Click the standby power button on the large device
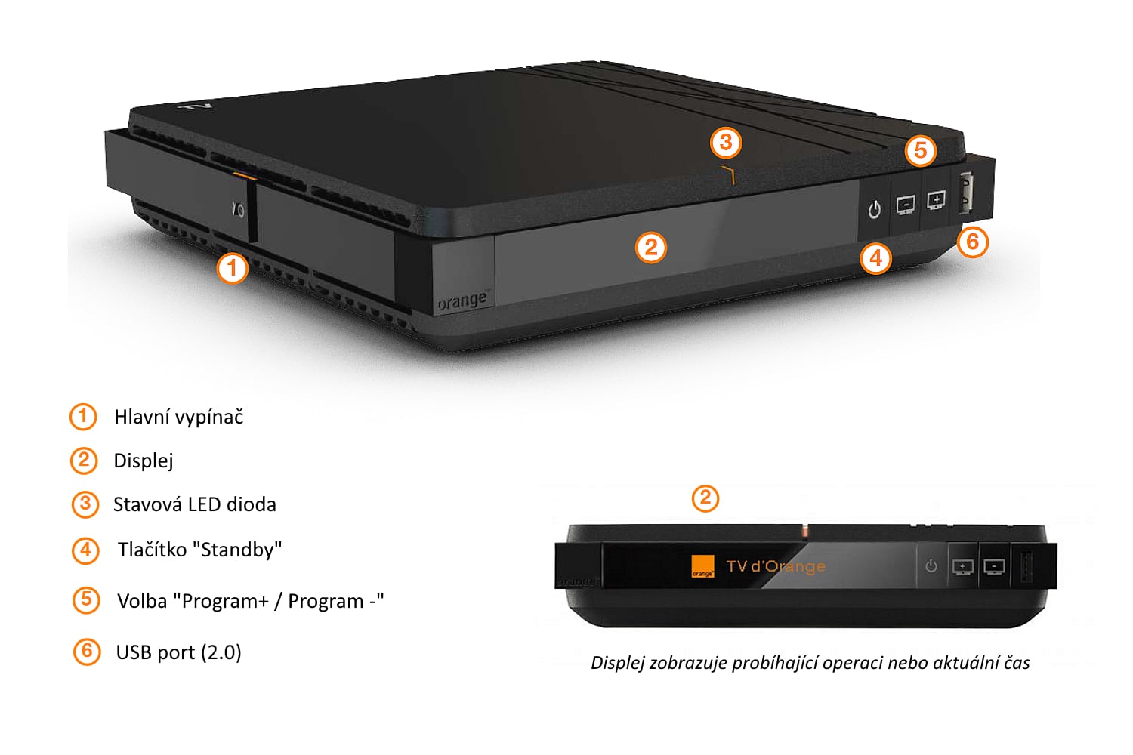[x=874, y=209]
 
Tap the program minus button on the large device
[x=905, y=204]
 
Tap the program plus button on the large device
[x=936, y=200]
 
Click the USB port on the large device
[x=965, y=193]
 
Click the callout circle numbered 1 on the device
[x=232, y=268]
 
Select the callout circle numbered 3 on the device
[x=726, y=142]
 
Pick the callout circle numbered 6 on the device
[x=972, y=242]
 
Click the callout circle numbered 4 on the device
[x=875, y=258]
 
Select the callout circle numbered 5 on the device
[x=920, y=150]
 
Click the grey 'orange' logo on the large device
[x=462, y=300]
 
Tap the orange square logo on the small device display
[x=702, y=567]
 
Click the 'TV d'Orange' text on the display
[x=775, y=566]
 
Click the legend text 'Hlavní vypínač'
[x=178, y=417]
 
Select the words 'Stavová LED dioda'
[x=194, y=504]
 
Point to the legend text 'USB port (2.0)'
[x=178, y=652]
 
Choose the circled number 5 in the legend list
[x=86, y=600]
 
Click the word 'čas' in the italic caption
[x=1016, y=663]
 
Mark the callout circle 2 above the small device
[x=705, y=498]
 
